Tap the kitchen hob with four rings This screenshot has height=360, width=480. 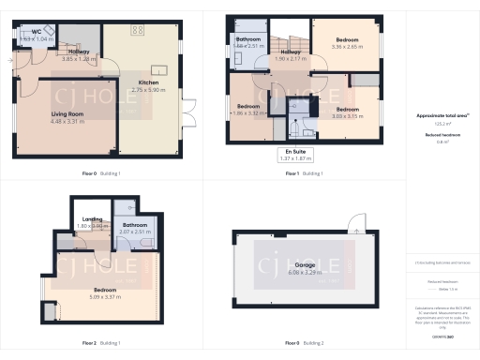137,31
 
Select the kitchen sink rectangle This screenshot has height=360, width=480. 156,69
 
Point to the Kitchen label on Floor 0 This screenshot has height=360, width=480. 148,82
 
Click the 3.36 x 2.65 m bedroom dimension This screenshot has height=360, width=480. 348,46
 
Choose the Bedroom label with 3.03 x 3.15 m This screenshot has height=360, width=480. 348,110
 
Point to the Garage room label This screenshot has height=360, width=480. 305,265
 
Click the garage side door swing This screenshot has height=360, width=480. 354,223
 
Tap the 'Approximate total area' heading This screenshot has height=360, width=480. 442,115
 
